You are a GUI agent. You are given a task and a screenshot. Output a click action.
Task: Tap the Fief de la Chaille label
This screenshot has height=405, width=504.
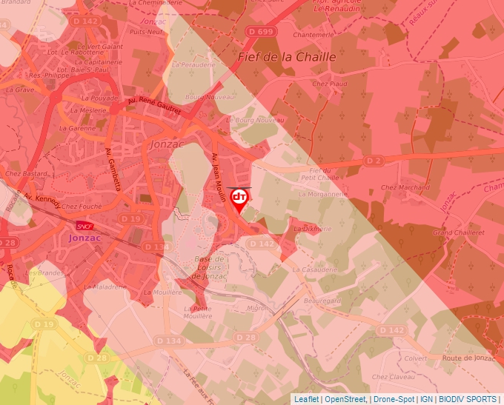[x=287, y=56]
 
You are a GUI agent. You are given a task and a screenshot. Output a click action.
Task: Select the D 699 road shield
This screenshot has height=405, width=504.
[x=260, y=31]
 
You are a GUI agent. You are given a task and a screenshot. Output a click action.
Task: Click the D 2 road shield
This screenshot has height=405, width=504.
[x=374, y=161]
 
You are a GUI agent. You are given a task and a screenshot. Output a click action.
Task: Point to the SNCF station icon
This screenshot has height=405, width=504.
[x=84, y=226]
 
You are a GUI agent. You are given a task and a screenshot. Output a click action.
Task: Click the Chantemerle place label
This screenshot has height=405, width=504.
[x=314, y=35]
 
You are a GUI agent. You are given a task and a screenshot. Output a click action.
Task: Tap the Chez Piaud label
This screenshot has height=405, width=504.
[x=330, y=84]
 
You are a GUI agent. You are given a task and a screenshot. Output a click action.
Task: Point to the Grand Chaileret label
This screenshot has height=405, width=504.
[x=458, y=232]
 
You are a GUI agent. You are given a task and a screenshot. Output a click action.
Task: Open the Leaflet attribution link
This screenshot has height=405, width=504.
[x=306, y=399]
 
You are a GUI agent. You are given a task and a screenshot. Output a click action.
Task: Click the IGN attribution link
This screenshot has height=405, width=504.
[x=426, y=399]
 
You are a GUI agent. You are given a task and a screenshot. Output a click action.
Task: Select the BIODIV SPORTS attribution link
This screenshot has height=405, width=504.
[x=468, y=399]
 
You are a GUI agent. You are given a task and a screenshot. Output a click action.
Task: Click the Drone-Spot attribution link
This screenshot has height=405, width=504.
[x=394, y=399]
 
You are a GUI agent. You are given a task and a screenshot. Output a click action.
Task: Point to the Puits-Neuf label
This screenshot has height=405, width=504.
[x=145, y=32]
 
